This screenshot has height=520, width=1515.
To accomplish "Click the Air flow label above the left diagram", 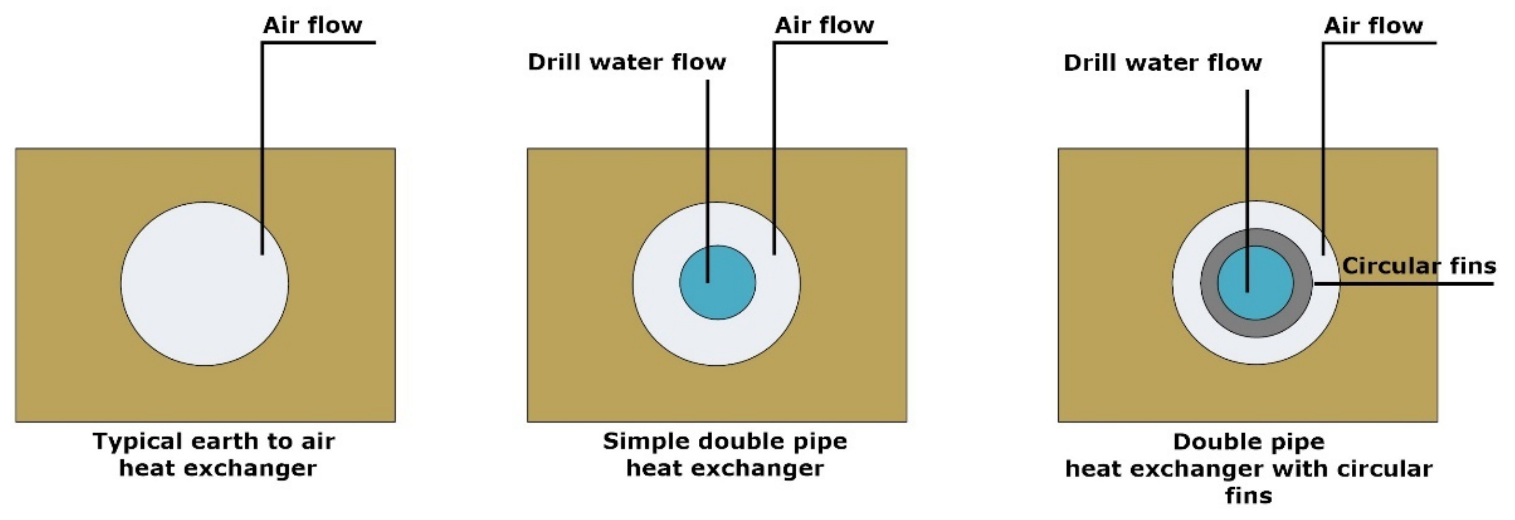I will (x=312, y=25).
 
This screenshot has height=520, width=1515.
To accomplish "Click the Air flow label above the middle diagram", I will (x=824, y=25).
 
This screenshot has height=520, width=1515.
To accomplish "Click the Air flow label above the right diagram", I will (x=1373, y=26).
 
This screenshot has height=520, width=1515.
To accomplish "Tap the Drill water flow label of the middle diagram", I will (x=627, y=61).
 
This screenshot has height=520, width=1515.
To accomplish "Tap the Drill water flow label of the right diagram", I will (x=1163, y=63).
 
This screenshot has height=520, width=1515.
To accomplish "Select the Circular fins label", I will (x=1418, y=266).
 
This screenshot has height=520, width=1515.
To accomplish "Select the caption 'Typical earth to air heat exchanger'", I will (x=215, y=455).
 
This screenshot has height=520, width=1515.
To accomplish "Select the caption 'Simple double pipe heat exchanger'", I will (x=725, y=455).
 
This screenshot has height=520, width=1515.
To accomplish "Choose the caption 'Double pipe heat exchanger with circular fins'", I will (x=1249, y=469).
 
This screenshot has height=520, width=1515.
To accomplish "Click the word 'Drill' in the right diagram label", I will (x=1089, y=63).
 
